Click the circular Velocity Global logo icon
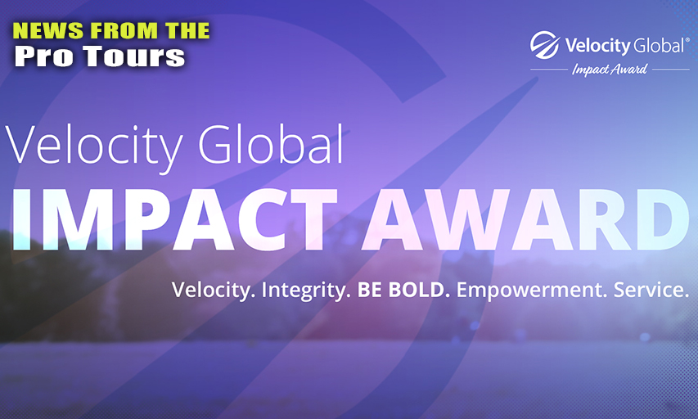click(x=544, y=45)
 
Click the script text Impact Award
click(x=610, y=70)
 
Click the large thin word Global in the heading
click(x=271, y=143)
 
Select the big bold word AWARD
click(x=525, y=219)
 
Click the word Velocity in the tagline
click(x=211, y=291)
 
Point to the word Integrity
click(x=303, y=291)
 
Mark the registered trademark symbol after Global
click(x=687, y=39)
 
